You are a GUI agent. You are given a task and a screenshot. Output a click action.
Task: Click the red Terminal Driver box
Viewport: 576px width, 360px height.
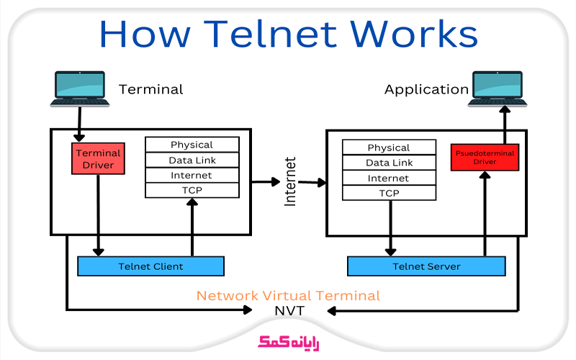(98, 158)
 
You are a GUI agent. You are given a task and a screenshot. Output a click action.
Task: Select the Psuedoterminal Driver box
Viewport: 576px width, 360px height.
(485, 157)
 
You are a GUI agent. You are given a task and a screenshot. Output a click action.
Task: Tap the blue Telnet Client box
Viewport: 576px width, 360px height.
(150, 266)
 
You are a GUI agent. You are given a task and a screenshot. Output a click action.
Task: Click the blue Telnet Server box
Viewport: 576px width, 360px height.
(426, 266)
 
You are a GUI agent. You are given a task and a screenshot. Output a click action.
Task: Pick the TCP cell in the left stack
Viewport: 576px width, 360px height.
(192, 190)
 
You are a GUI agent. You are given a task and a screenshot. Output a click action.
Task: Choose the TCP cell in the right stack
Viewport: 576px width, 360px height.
(389, 193)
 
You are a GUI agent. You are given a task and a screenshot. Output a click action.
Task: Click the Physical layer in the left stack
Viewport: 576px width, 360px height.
(192, 145)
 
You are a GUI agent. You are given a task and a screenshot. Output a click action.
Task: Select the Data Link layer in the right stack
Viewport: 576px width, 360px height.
(389, 163)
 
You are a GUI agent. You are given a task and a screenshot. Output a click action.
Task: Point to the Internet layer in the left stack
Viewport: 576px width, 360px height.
(192, 175)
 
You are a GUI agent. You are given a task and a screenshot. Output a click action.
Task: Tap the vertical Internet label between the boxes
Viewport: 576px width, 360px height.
(290, 181)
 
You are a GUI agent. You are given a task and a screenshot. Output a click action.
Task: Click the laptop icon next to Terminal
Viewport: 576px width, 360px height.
(80, 89)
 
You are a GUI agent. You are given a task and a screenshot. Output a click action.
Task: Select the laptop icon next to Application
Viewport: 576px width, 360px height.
(498, 89)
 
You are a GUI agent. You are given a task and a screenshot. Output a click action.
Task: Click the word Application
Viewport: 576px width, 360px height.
(426, 89)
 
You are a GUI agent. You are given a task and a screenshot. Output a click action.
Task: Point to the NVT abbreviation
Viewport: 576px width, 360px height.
(289, 311)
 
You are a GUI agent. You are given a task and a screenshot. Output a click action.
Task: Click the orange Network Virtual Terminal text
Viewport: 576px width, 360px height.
(289, 296)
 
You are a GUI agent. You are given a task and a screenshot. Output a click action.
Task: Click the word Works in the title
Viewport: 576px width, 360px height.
(413, 34)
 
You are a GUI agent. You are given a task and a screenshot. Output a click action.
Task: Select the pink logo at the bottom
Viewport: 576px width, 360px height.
(289, 343)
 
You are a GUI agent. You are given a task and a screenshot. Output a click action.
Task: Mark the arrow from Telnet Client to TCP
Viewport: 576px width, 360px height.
(192, 227)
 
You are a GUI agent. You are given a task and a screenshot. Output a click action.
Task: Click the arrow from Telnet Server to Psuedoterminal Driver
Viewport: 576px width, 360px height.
(485, 213)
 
